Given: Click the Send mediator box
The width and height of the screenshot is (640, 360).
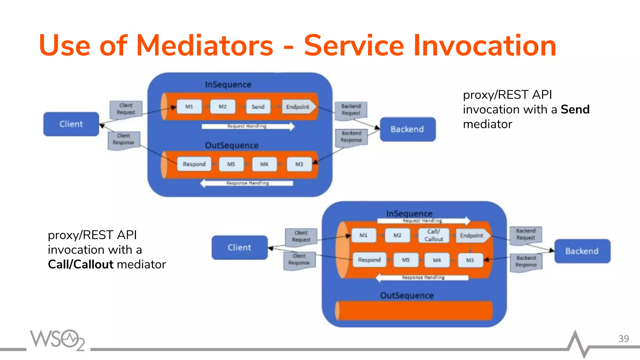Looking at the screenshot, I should pyautogui.click(x=258, y=107).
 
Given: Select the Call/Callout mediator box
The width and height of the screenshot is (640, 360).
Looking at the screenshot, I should pyautogui.click(x=433, y=235).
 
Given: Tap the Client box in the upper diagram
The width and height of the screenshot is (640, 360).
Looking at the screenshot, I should pyautogui.click(x=71, y=124).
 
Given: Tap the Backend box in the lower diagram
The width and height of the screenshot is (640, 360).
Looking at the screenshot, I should pyautogui.click(x=582, y=251).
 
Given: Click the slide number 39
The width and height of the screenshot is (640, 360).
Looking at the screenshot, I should pyautogui.click(x=623, y=339).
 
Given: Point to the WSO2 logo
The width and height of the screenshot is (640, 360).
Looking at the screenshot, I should pyautogui.click(x=57, y=340).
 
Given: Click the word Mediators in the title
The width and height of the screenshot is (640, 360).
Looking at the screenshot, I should pyautogui.click(x=205, y=46).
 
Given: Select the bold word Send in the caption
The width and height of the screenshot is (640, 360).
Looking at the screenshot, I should pyautogui.click(x=575, y=109).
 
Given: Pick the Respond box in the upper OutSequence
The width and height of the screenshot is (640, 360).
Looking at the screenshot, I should pyautogui.click(x=194, y=164).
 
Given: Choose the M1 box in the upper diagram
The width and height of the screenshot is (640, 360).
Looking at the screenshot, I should pyautogui.click(x=189, y=107).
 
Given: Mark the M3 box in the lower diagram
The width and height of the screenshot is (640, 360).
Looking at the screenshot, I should pyautogui.click(x=470, y=260).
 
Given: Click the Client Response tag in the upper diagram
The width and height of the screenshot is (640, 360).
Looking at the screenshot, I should pyautogui.click(x=124, y=140).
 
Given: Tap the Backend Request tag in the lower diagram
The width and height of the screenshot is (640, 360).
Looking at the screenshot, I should pyautogui.click(x=526, y=234).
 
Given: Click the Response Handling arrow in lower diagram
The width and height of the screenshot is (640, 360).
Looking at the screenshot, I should pyautogui.click(x=423, y=277).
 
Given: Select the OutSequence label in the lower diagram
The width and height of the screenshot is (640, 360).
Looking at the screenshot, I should pyautogui.click(x=407, y=295).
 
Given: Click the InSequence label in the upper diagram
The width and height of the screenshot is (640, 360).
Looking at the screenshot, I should pyautogui.click(x=228, y=85).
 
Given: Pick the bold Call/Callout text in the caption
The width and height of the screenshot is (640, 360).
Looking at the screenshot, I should pyautogui.click(x=81, y=264).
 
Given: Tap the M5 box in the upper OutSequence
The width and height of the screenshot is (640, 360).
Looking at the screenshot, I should pyautogui.click(x=231, y=164).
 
